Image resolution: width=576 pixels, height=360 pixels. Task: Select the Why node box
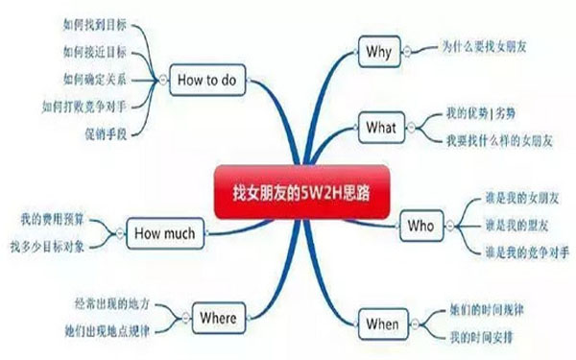(378, 52)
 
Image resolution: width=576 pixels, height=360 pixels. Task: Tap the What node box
(380, 127)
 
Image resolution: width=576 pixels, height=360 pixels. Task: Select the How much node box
(163, 232)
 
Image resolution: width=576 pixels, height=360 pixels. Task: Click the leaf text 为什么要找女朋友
(492, 45)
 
